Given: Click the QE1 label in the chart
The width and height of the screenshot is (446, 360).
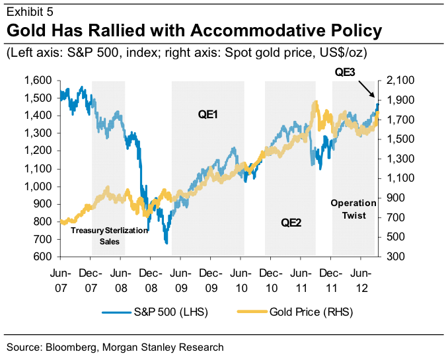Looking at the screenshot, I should [x=208, y=114].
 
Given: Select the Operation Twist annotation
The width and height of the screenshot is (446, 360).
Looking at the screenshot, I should [x=353, y=209].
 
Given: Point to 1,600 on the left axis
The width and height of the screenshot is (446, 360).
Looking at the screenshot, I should [x=38, y=81].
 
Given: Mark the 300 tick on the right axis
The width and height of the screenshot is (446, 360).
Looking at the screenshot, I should [x=392, y=256].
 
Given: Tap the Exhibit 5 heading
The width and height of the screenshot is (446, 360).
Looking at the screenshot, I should [x=30, y=12].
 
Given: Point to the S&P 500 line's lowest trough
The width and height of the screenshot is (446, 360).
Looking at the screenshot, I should [x=167, y=243].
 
